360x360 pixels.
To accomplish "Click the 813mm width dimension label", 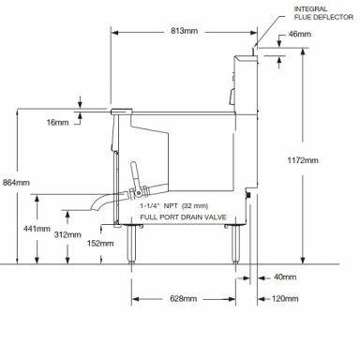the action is (184, 31).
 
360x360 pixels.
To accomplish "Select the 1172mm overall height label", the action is (303, 160).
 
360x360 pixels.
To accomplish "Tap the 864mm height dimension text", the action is (16, 183).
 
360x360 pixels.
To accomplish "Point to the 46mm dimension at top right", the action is (300, 34).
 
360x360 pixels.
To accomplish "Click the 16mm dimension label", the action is (57, 123).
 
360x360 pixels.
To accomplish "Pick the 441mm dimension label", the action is (37, 229).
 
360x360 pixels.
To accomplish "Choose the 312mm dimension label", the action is (67, 234).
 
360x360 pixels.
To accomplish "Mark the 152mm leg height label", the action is (100, 243).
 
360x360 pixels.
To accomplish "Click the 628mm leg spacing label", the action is (184, 299).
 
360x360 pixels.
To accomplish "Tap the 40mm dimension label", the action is (285, 277).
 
